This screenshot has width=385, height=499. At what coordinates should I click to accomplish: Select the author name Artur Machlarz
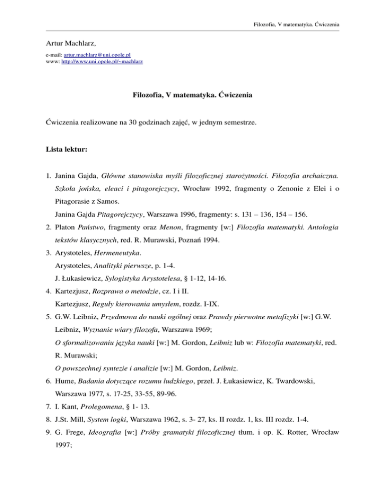coord(68,44)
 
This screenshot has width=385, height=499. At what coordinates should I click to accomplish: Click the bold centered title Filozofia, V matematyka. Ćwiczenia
coord(192,95)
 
